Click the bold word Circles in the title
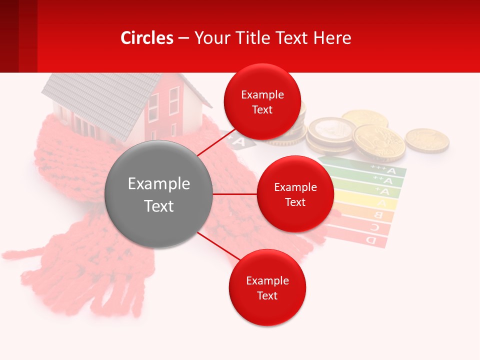coord(146,38)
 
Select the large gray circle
coord(158,194)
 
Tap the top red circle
coord(262,101)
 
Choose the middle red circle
coord(295,194)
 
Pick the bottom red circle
coord(267,287)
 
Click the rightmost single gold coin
coord(426,140)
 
